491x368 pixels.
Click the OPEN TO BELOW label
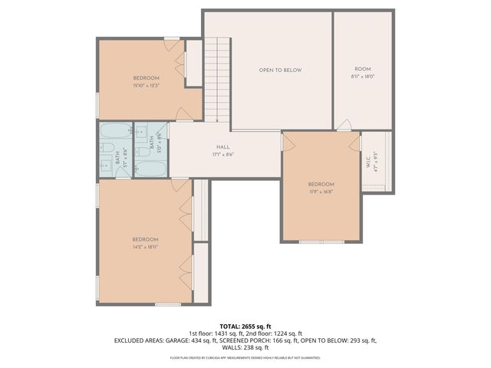[280, 70]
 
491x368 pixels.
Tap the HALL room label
[222, 146]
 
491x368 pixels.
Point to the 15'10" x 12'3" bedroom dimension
[146, 85]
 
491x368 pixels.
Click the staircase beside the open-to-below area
[217, 77]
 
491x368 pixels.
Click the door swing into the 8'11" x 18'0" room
[345, 125]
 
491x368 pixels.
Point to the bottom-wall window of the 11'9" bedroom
[321, 242]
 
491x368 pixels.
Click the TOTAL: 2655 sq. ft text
[245, 326]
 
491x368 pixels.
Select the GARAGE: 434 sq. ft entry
[173, 340]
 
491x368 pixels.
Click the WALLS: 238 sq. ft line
[245, 347]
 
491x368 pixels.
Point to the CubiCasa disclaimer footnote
[245, 357]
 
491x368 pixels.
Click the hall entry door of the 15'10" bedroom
[185, 115]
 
